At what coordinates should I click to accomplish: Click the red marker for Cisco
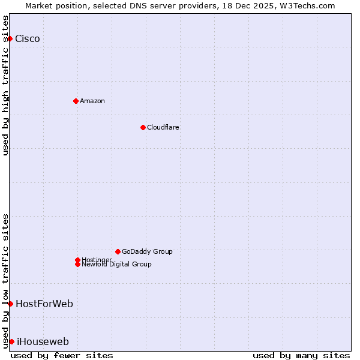point(10,39)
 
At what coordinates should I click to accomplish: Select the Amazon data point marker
point(76,101)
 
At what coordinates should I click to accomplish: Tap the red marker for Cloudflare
point(143,127)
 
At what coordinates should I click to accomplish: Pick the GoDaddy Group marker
point(118,251)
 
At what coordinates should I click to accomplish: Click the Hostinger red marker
point(77,260)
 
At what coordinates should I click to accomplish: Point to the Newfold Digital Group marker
point(77,264)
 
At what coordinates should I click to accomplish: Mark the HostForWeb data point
point(10,304)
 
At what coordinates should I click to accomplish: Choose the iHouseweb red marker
point(11,341)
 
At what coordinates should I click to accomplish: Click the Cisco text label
point(28,39)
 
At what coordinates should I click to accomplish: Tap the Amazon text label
point(92,101)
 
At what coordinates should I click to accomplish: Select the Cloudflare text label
point(163,127)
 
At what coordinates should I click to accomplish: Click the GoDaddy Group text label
point(147,251)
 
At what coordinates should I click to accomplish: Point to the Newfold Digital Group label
point(117,265)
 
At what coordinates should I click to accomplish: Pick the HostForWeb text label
point(44,304)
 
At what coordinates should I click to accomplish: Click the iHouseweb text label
point(43,342)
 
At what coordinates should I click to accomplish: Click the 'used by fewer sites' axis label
point(62,355)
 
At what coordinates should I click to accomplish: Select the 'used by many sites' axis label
point(301,355)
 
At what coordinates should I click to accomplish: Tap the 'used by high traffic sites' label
point(5,85)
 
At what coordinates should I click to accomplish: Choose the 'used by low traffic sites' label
point(5,280)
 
